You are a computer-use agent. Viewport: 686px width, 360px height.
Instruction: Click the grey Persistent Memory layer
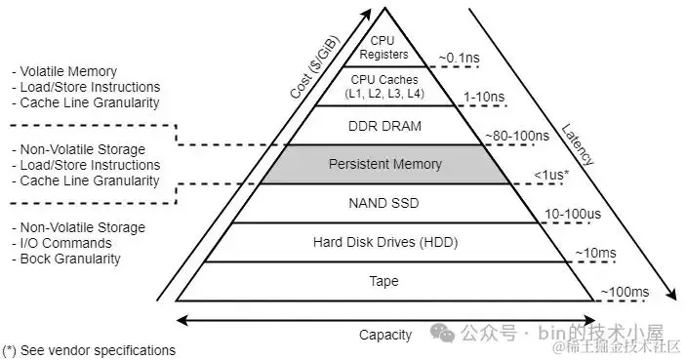[385, 164]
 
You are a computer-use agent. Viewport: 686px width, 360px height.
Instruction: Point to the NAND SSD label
[385, 204]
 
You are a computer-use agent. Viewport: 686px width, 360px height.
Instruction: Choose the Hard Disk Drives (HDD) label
[385, 242]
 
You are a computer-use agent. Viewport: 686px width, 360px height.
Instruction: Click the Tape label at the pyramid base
[385, 282]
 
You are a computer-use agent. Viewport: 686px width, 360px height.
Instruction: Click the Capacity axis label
[385, 335]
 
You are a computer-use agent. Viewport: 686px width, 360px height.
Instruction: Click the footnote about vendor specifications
[90, 349]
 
